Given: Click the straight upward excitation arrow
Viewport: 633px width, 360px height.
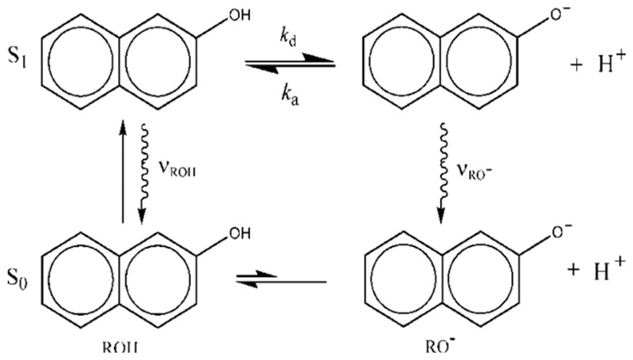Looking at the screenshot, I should click(123, 170).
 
